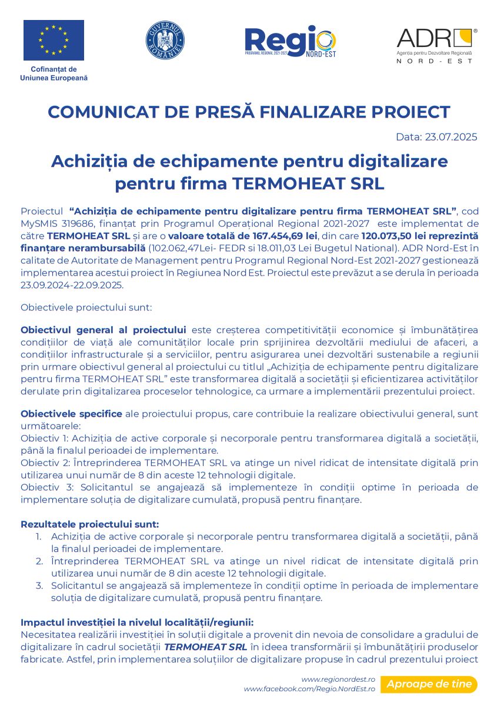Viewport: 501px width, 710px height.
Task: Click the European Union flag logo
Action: pyautogui.click(x=54, y=40)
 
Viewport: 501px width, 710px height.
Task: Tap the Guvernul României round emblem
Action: pyautogui.click(x=165, y=40)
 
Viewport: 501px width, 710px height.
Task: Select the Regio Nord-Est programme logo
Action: pyautogui.click(x=290, y=41)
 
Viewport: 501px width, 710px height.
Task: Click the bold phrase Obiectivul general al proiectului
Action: pyautogui.click(x=103, y=330)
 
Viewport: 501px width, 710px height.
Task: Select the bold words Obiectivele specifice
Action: pyautogui.click(x=71, y=414)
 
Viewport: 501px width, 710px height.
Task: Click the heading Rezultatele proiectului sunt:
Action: pyautogui.click(x=90, y=524)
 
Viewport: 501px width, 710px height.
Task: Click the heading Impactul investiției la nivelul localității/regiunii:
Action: pyautogui.click(x=137, y=622)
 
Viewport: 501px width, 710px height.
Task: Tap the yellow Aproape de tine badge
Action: pyautogui.click(x=429, y=684)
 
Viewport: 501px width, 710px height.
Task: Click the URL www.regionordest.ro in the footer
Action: pyautogui.click(x=338, y=679)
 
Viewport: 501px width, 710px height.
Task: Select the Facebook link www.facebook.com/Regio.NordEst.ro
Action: pyautogui.click(x=309, y=688)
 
